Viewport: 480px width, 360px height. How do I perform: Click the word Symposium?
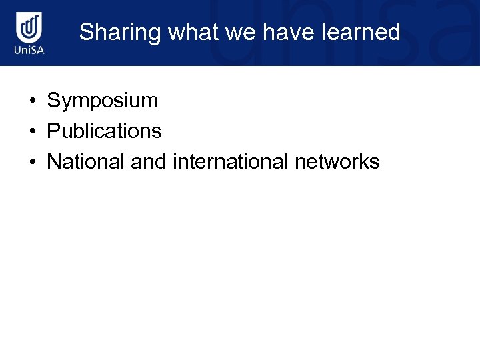pos(103,101)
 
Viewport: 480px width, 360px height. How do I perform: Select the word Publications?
pos(104,131)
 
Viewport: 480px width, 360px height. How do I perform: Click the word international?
pos(230,161)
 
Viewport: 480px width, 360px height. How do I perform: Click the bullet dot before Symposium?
pos(31,102)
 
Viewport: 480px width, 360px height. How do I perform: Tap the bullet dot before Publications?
pos(31,132)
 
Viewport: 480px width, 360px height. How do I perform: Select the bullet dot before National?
pos(31,162)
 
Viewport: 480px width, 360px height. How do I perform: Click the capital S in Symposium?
pos(53,101)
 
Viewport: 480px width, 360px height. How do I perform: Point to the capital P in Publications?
pos(53,131)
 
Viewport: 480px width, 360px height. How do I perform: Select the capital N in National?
pos(54,161)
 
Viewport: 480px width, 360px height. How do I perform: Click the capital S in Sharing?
pos(86,33)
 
